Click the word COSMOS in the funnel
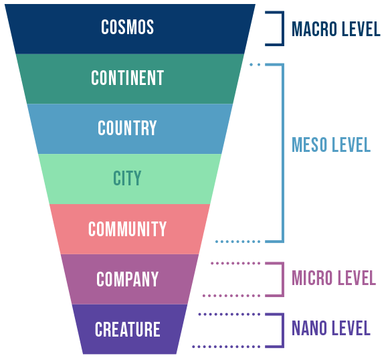pyautogui.click(x=128, y=27)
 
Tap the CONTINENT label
pyautogui.click(x=128, y=78)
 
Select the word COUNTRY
pyautogui.click(x=127, y=128)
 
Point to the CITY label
pyautogui.click(x=127, y=178)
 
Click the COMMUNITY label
pyautogui.click(x=127, y=229)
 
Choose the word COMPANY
pyautogui.click(x=128, y=279)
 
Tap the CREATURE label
pyautogui.click(x=128, y=329)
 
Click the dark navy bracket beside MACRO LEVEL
pyautogui.click(x=283, y=29)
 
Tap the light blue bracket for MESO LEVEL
pyautogui.click(x=283, y=153)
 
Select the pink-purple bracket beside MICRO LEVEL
pyautogui.click(x=283, y=279)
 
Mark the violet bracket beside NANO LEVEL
pyautogui.click(x=283, y=331)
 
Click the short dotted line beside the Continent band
pyautogui.click(x=255, y=64)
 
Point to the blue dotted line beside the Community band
pyautogui.click(x=237, y=242)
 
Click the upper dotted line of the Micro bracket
pyautogui.click(x=235, y=263)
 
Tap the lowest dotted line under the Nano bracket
pyautogui.click(x=226, y=347)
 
